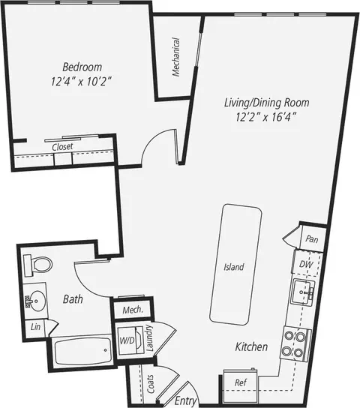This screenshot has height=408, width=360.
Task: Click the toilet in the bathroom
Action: tap(38, 265)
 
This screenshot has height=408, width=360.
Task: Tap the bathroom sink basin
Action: tap(37, 301)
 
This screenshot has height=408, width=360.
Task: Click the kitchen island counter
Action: tap(235, 264)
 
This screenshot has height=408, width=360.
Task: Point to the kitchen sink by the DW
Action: tap(302, 292)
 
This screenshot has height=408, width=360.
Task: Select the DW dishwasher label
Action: tap(306, 264)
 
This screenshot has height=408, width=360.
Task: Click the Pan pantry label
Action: tap(312, 238)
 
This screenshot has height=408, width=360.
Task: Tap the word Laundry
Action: tap(149, 338)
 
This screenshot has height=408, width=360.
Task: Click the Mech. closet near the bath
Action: tap(133, 310)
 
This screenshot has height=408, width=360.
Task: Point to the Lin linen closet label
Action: tap(35, 326)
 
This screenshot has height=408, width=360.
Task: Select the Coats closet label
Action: tap(150, 384)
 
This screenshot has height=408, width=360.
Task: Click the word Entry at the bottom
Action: tap(185, 401)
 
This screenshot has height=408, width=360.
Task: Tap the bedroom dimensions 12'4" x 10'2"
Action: tap(81, 82)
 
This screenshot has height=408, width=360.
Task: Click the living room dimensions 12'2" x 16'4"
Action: tap(266, 117)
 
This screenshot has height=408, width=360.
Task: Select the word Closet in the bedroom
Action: tap(62, 147)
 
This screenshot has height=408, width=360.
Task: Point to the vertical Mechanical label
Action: tap(175, 57)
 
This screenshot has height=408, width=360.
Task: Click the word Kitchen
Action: tap(251, 346)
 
